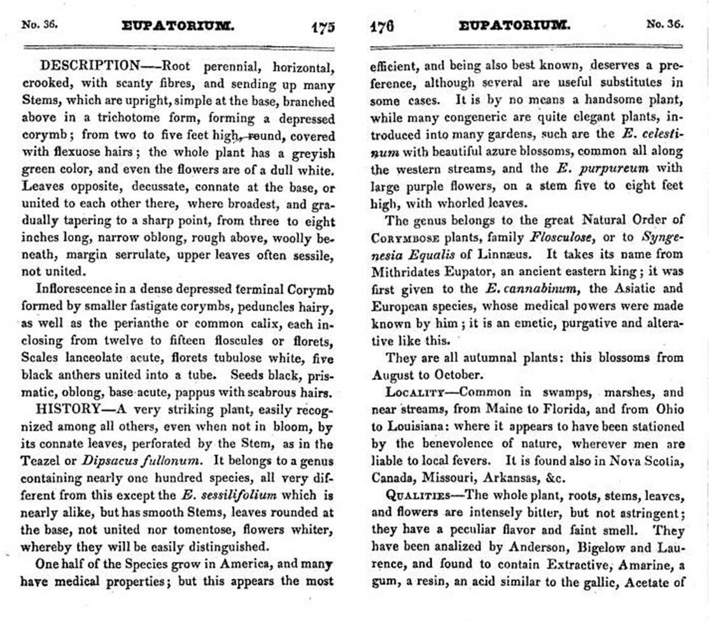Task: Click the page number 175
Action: [323, 27]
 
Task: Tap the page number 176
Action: [381, 26]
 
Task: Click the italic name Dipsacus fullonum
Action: [132, 461]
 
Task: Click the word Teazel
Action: [41, 461]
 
